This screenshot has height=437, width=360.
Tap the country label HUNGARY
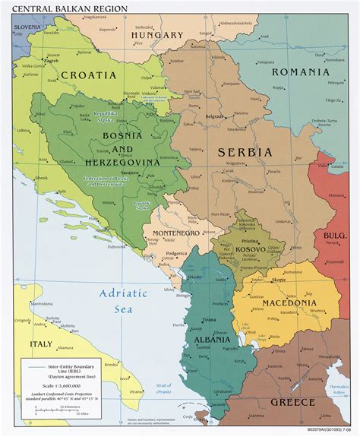157,35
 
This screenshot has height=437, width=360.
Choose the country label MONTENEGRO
175,233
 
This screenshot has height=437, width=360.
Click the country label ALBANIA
212,338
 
